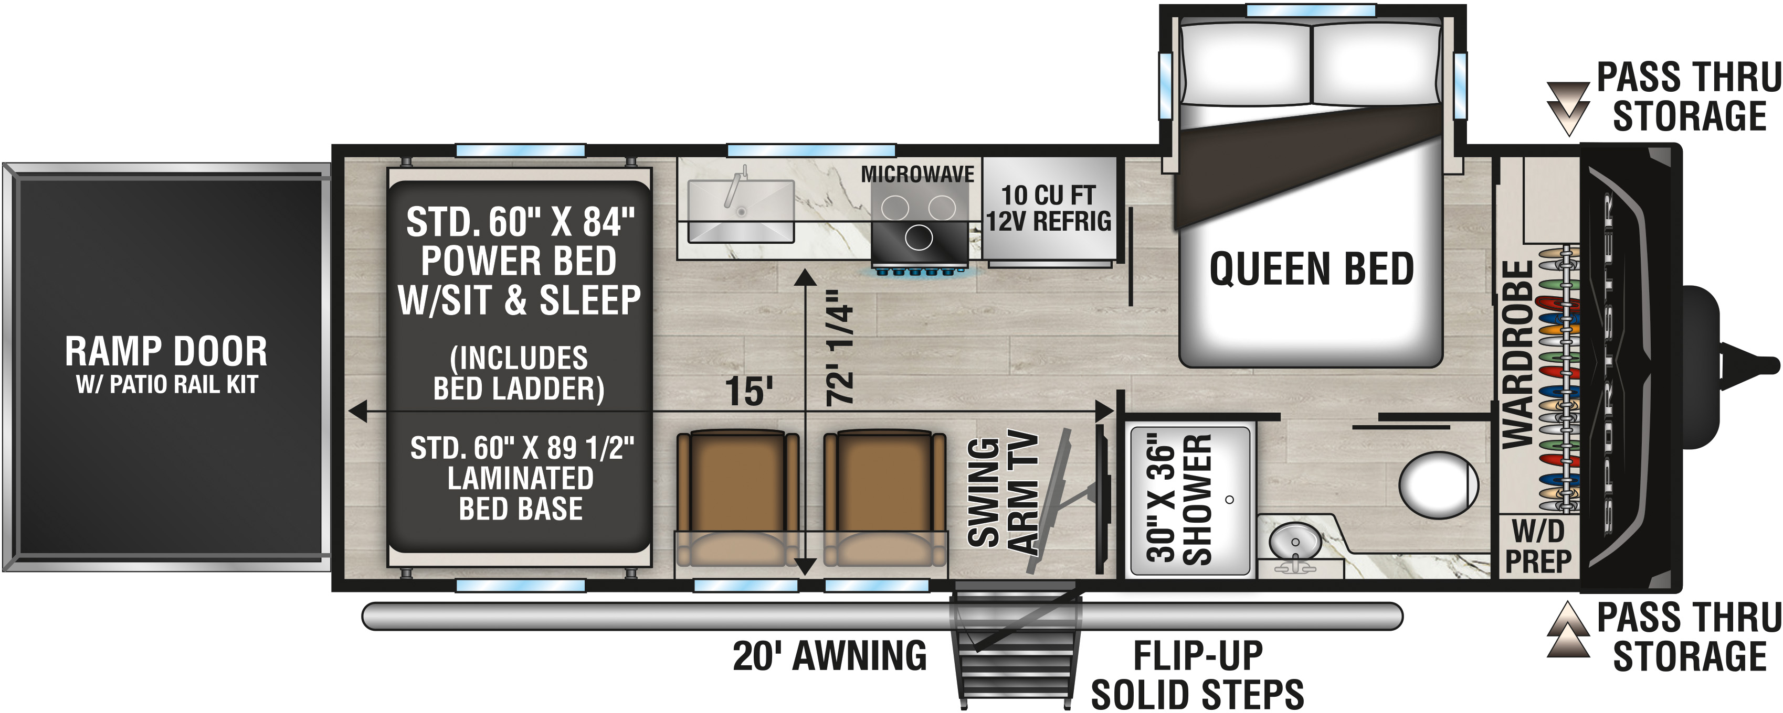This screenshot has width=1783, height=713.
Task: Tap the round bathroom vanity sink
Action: point(1294,540)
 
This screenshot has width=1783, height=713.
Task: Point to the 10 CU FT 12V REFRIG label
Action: point(1048,208)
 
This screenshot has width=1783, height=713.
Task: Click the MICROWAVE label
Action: point(917,174)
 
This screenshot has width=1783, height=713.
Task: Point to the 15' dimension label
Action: point(748,392)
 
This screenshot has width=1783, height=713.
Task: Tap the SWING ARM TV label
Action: point(1003,492)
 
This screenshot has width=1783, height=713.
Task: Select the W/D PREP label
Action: point(1537,546)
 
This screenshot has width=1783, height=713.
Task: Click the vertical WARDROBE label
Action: point(1517,354)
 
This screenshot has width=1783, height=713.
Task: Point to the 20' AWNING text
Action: point(829,656)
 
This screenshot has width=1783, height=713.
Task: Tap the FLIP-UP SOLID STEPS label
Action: point(1197,675)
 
